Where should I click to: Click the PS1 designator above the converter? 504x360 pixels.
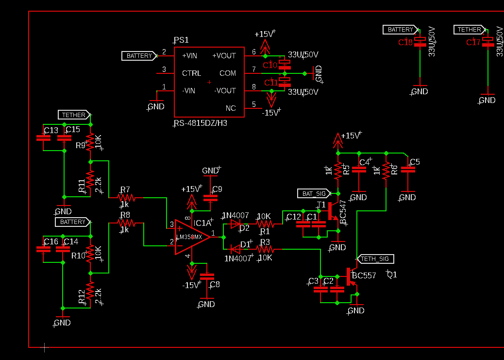pos(181,40)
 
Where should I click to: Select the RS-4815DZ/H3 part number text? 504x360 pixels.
pos(201,123)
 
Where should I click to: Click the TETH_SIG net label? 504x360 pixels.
pos(375,258)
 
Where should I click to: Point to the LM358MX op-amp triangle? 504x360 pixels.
pos(192,237)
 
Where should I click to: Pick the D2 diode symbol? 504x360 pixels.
pos(235,224)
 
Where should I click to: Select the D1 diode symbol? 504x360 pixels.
pos(235,249)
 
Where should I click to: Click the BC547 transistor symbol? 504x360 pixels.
pos(333,211)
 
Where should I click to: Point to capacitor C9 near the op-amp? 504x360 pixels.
pos(210,198)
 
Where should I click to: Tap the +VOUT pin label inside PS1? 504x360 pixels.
pos(224,56)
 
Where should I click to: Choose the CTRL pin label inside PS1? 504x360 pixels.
pos(191,73)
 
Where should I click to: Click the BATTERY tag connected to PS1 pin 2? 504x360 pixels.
pos(139,56)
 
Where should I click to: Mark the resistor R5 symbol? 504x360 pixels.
pos(338,170)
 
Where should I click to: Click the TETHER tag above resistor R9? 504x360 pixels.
pos(74,115)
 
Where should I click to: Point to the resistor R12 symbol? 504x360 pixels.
pos(89,294)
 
